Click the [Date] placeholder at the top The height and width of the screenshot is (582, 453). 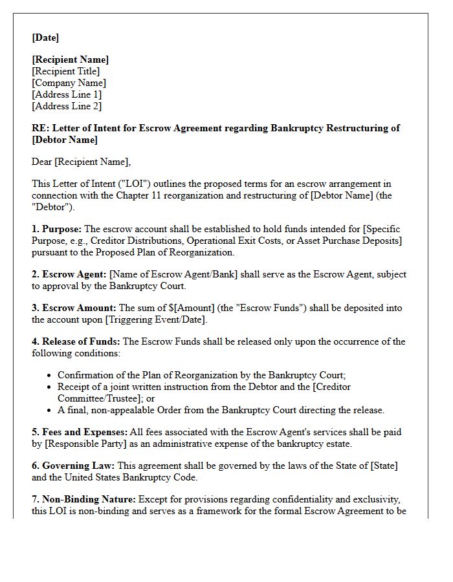[x=45, y=38]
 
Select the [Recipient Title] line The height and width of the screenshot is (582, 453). [x=65, y=71]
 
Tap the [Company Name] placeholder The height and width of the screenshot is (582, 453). [x=69, y=83]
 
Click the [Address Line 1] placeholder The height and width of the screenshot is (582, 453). [x=67, y=94]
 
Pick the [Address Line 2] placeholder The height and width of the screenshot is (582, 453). [x=67, y=106]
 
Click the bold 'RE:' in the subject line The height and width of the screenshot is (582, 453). [x=40, y=128]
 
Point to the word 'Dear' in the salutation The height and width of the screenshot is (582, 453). [x=43, y=162]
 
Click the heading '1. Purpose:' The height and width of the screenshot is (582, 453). [x=57, y=229]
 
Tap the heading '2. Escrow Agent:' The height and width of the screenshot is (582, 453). [x=69, y=274]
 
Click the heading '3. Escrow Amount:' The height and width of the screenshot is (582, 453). [x=74, y=308]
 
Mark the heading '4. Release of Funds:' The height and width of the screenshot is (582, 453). [x=76, y=341]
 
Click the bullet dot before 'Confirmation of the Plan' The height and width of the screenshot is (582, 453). [x=50, y=376]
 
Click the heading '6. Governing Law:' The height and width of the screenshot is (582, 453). [x=73, y=466]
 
